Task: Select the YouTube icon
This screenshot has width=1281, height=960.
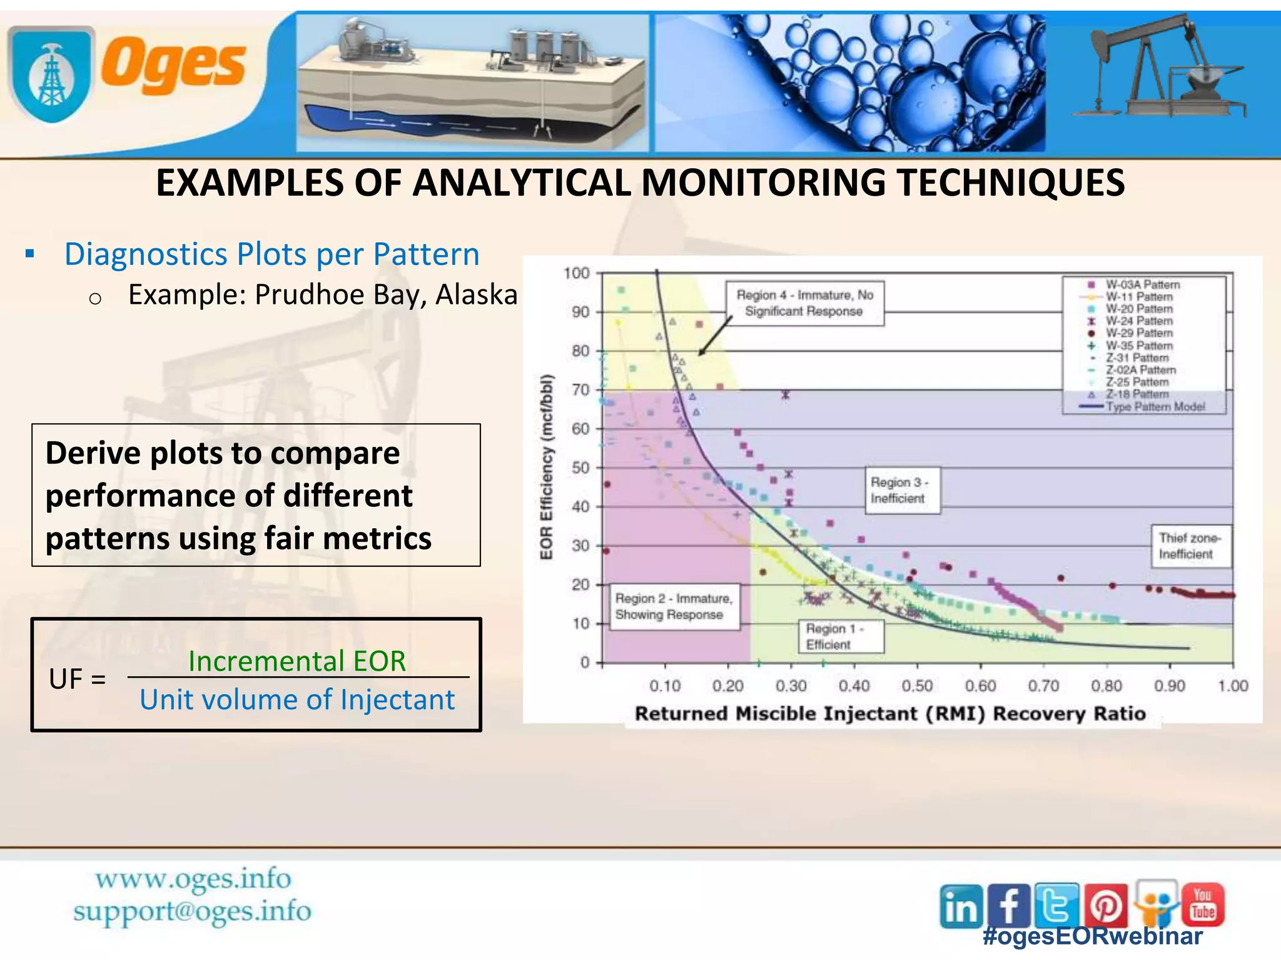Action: (x=1203, y=904)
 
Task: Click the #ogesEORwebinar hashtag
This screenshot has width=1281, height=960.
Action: (x=1092, y=936)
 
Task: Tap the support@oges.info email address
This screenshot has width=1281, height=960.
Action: (x=192, y=911)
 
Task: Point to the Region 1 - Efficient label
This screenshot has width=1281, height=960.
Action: (x=840, y=636)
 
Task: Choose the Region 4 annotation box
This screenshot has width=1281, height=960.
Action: (x=804, y=303)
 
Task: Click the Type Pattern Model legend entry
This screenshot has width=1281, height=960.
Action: (x=1155, y=407)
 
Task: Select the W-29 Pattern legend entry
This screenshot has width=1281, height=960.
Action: (x=1138, y=333)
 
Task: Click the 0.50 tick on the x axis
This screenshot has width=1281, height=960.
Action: (x=917, y=686)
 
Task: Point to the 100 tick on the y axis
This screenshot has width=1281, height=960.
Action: (x=576, y=273)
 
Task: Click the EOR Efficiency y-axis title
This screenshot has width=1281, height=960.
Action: (x=547, y=467)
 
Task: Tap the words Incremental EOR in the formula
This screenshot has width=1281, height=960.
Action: (x=297, y=661)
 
